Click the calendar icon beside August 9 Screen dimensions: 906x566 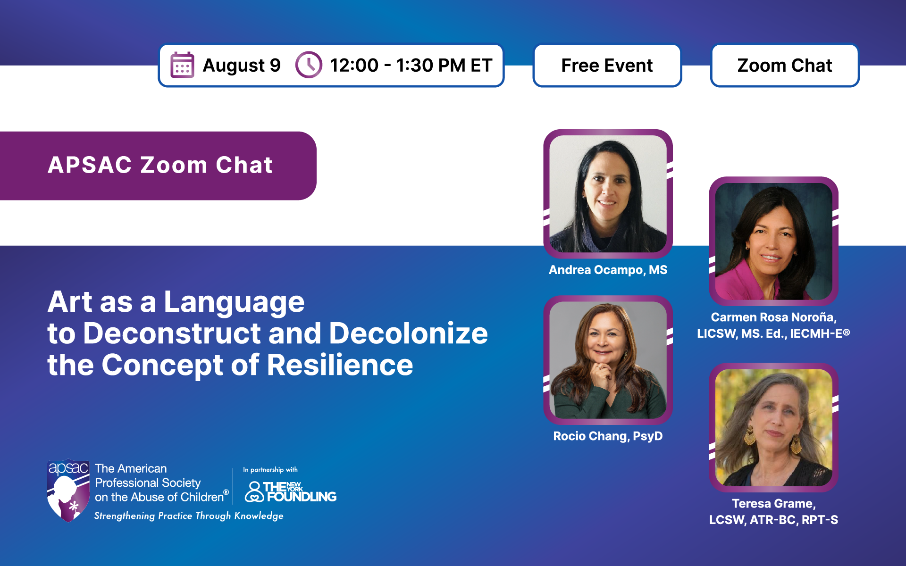coord(182,65)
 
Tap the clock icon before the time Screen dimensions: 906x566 coord(309,65)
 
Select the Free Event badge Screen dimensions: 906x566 coord(607,65)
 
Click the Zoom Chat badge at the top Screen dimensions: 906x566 coord(785,65)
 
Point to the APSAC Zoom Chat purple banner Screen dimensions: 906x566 coord(158,166)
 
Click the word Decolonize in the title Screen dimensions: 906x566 coord(408,333)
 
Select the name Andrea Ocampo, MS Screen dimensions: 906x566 coord(608,270)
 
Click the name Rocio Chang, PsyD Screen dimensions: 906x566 coord(608,436)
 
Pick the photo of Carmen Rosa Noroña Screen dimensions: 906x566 coord(774,241)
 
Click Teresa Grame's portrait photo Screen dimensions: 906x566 coord(774,427)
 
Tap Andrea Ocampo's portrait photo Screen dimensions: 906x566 coord(608,194)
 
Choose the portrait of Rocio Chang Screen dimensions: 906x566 coord(608,360)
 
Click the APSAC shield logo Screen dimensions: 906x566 coord(68,491)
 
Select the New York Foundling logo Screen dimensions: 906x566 coord(290,491)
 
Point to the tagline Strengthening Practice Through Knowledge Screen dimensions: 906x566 coord(189,516)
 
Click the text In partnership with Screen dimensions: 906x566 coord(270,470)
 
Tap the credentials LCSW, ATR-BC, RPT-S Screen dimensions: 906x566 coord(774,520)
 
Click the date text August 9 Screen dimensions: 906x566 coord(242,66)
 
